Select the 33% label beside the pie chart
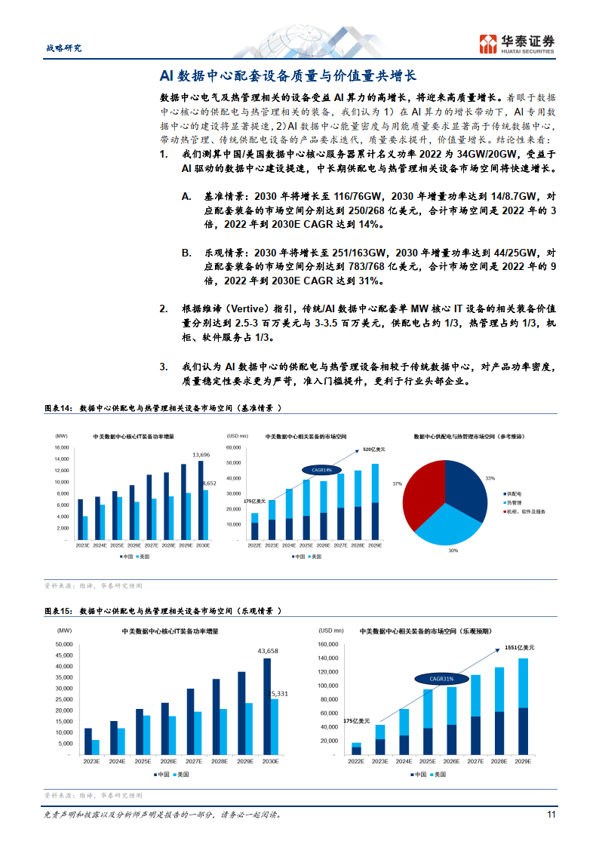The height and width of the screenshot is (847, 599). [x=490, y=478]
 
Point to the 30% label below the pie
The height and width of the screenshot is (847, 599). [x=453, y=551]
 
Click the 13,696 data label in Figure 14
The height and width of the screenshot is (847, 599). [x=201, y=455]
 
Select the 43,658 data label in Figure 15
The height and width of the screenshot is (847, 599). [x=268, y=650]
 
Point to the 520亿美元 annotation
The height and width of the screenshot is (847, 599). [x=373, y=450]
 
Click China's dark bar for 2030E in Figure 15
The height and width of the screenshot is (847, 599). [x=267, y=706]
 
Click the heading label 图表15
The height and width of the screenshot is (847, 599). [x=57, y=611]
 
